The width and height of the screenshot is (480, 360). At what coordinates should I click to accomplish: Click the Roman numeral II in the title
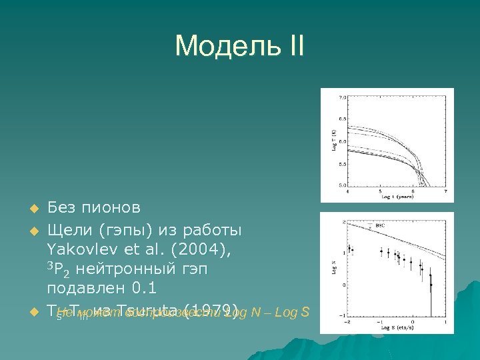(293, 47)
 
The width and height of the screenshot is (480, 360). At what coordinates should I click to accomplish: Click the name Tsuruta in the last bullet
(141, 309)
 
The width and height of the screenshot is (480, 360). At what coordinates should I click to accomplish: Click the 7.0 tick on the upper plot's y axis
(343, 98)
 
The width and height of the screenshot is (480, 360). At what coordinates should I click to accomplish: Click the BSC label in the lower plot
(380, 225)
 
